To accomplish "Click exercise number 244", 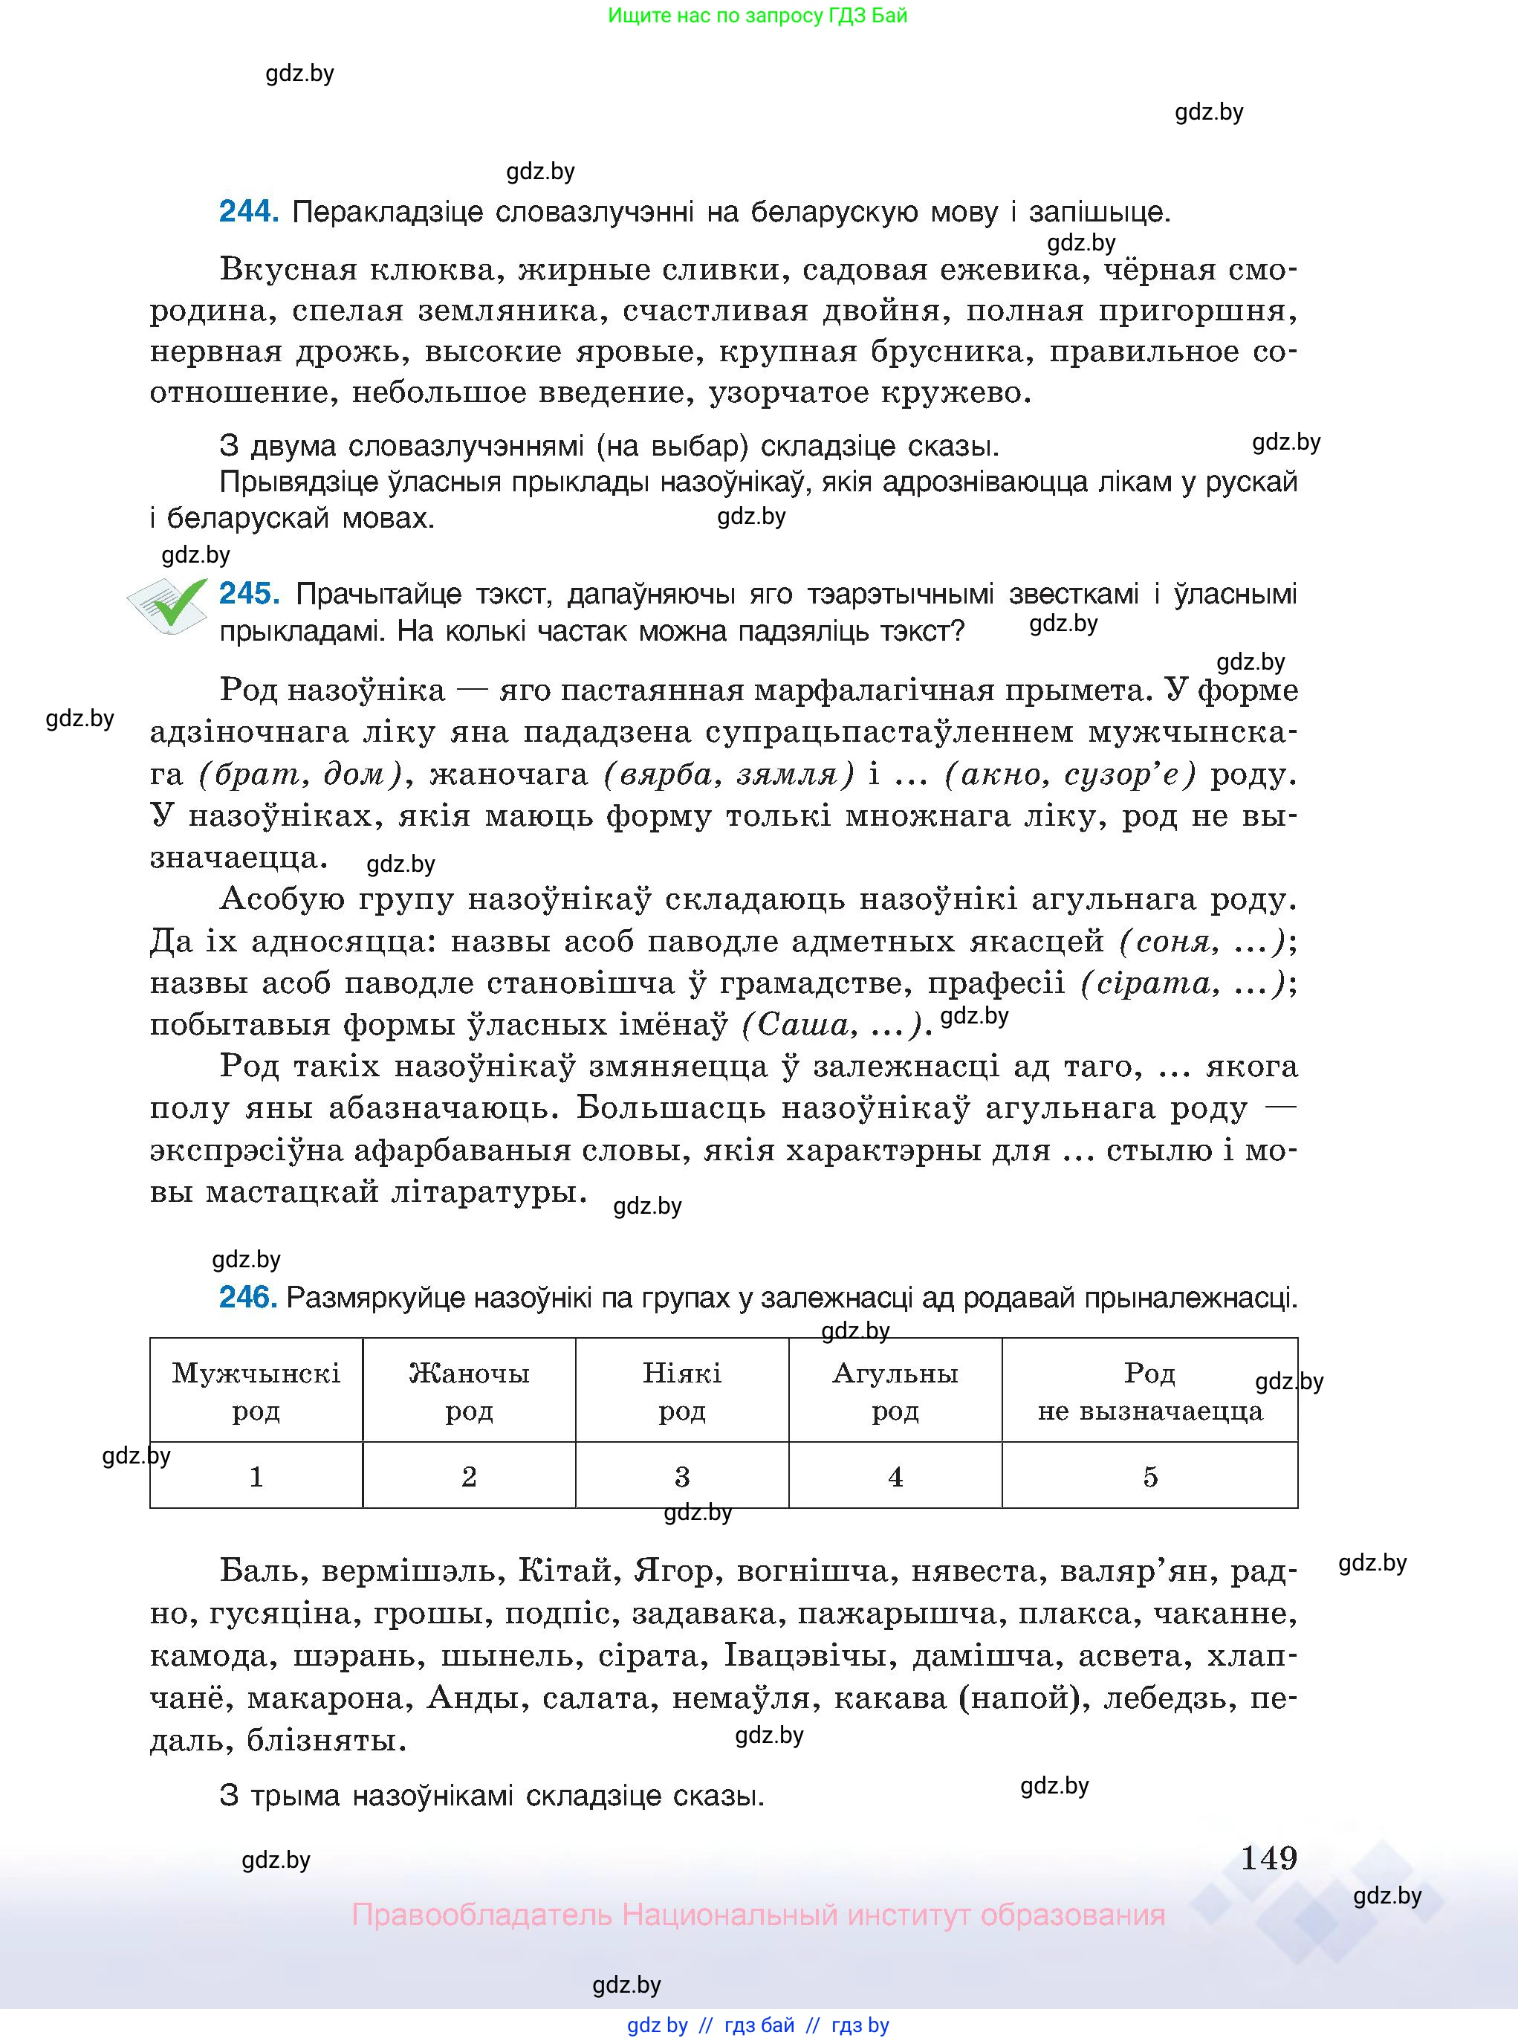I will point(248,213).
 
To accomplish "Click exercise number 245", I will point(249,594).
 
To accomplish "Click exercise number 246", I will point(247,1298).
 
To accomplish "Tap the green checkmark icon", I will point(168,605).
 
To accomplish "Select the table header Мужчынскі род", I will point(256,1391).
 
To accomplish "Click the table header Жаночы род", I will point(469,1391).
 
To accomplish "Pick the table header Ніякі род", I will point(682,1391).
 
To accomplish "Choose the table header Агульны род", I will point(895,1391).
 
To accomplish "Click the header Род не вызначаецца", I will point(1149,1391).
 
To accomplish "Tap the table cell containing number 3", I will point(682,1477).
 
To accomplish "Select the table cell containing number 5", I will point(1149,1477).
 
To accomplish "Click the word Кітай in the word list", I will point(564,1571).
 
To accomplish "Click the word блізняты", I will point(325,1740).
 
